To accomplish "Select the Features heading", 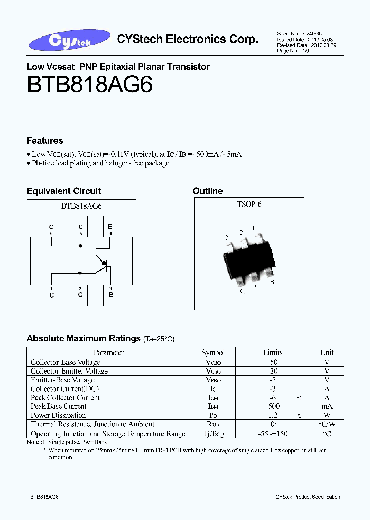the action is pyautogui.click(x=45, y=141).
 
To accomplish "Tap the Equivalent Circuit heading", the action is pyautogui.click(x=64, y=191).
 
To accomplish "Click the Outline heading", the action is pyautogui.click(x=208, y=191).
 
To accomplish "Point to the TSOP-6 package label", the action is pyautogui.click(x=249, y=204).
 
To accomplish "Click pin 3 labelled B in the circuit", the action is pyautogui.click(x=110, y=292).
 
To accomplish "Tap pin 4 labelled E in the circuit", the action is pyautogui.click(x=110, y=229).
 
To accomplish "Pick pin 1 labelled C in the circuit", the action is pyautogui.click(x=51, y=292).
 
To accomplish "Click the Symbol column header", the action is pyautogui.click(x=213, y=352).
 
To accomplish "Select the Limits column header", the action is pyautogui.click(x=272, y=352).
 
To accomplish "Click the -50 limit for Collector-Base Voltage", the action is pyautogui.click(x=272, y=362).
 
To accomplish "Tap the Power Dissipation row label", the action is pyautogui.click(x=59, y=415).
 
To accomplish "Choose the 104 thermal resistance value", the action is pyautogui.click(x=272, y=424).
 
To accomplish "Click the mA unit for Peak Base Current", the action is pyautogui.click(x=327, y=406).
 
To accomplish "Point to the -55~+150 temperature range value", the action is pyautogui.click(x=272, y=434).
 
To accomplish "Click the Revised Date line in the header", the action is pyautogui.click(x=299, y=45).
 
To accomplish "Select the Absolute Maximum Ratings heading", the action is pyautogui.click(x=83, y=338).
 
